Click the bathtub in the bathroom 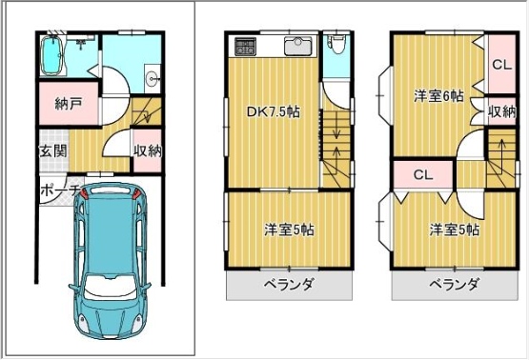[51, 55]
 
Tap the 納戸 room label [69, 104]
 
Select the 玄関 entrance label [53, 151]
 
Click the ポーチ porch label [60, 190]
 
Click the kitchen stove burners [245, 47]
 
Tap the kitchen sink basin [299, 46]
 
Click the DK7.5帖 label [274, 111]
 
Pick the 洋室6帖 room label [438, 96]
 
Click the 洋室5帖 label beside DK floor [289, 230]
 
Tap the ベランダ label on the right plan [454, 285]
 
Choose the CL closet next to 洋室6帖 [502, 65]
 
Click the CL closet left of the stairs [423, 174]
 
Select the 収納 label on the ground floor [148, 150]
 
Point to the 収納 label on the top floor [502, 111]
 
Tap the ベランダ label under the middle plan [289, 285]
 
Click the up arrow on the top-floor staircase [501, 152]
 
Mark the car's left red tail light [84, 194]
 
